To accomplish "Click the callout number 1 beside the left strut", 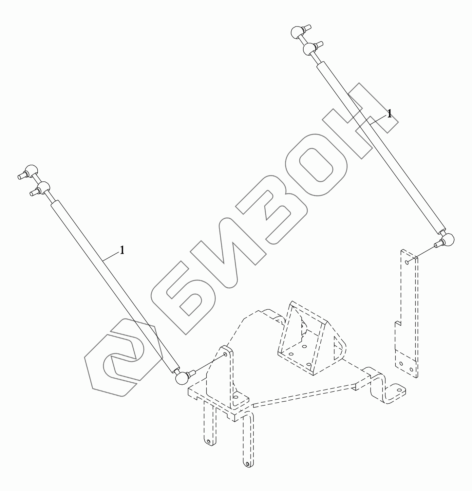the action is click(x=122, y=251).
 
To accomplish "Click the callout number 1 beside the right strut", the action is click(x=389, y=114).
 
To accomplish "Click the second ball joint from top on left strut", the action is click(x=43, y=188).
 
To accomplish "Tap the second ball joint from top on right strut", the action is click(x=309, y=49).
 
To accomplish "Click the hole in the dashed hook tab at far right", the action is click(x=399, y=390).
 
